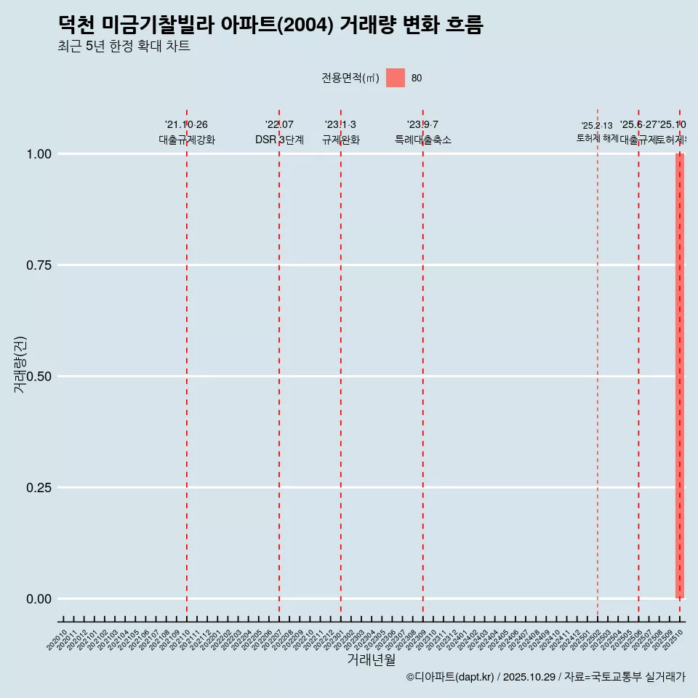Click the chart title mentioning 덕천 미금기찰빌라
tap(270, 25)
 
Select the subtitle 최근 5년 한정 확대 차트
tap(124, 47)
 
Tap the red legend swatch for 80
tap(395, 78)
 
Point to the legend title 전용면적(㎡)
tap(350, 79)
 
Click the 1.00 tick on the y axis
tap(38, 154)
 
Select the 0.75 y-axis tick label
tap(38, 265)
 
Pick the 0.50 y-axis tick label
tap(38, 377)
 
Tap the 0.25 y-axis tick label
tap(38, 488)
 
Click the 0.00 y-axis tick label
tap(38, 599)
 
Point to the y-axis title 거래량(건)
tap(20, 364)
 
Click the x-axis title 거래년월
tap(371, 659)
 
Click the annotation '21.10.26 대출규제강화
tap(187, 132)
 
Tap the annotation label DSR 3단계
tap(279, 140)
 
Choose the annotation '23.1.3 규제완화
tap(340, 132)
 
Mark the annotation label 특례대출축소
tap(422, 140)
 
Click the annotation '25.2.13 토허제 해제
tap(597, 132)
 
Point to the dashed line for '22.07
tap(279, 364)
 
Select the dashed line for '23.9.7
tap(423, 364)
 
